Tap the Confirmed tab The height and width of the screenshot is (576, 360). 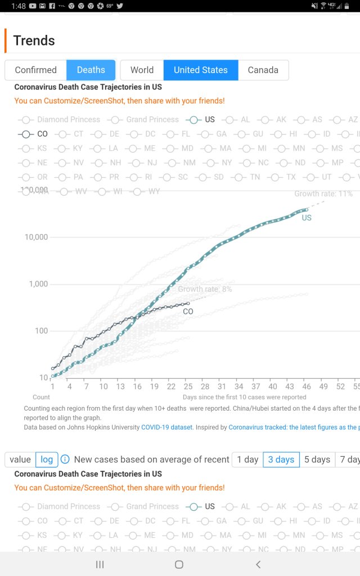pos(35,70)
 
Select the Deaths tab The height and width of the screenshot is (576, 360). pos(91,70)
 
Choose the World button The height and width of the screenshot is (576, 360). pos(142,70)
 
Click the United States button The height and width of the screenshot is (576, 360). pos(200,70)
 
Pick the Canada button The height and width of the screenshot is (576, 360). pos(263,70)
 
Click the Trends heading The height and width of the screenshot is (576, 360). pos(34,40)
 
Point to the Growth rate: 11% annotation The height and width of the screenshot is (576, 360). pos(323,194)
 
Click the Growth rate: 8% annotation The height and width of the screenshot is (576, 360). pos(205,289)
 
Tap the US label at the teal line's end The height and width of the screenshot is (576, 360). pos(307,218)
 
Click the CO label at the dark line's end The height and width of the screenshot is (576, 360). pos(188,311)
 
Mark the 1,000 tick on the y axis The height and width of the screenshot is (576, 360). pos(38,284)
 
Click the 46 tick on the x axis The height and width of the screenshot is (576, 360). pos(307,387)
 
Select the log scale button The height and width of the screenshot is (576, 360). pos(47,460)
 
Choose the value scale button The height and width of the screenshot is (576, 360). pos(20,460)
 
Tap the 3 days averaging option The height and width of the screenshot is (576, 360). pos(281,460)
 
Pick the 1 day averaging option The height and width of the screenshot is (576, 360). pos(247,460)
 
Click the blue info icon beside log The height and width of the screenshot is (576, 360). pos(65,460)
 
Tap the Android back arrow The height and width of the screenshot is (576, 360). pos(258,564)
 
